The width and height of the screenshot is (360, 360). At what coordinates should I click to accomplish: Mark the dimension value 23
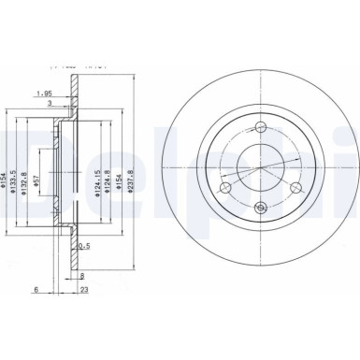(x=83, y=290)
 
